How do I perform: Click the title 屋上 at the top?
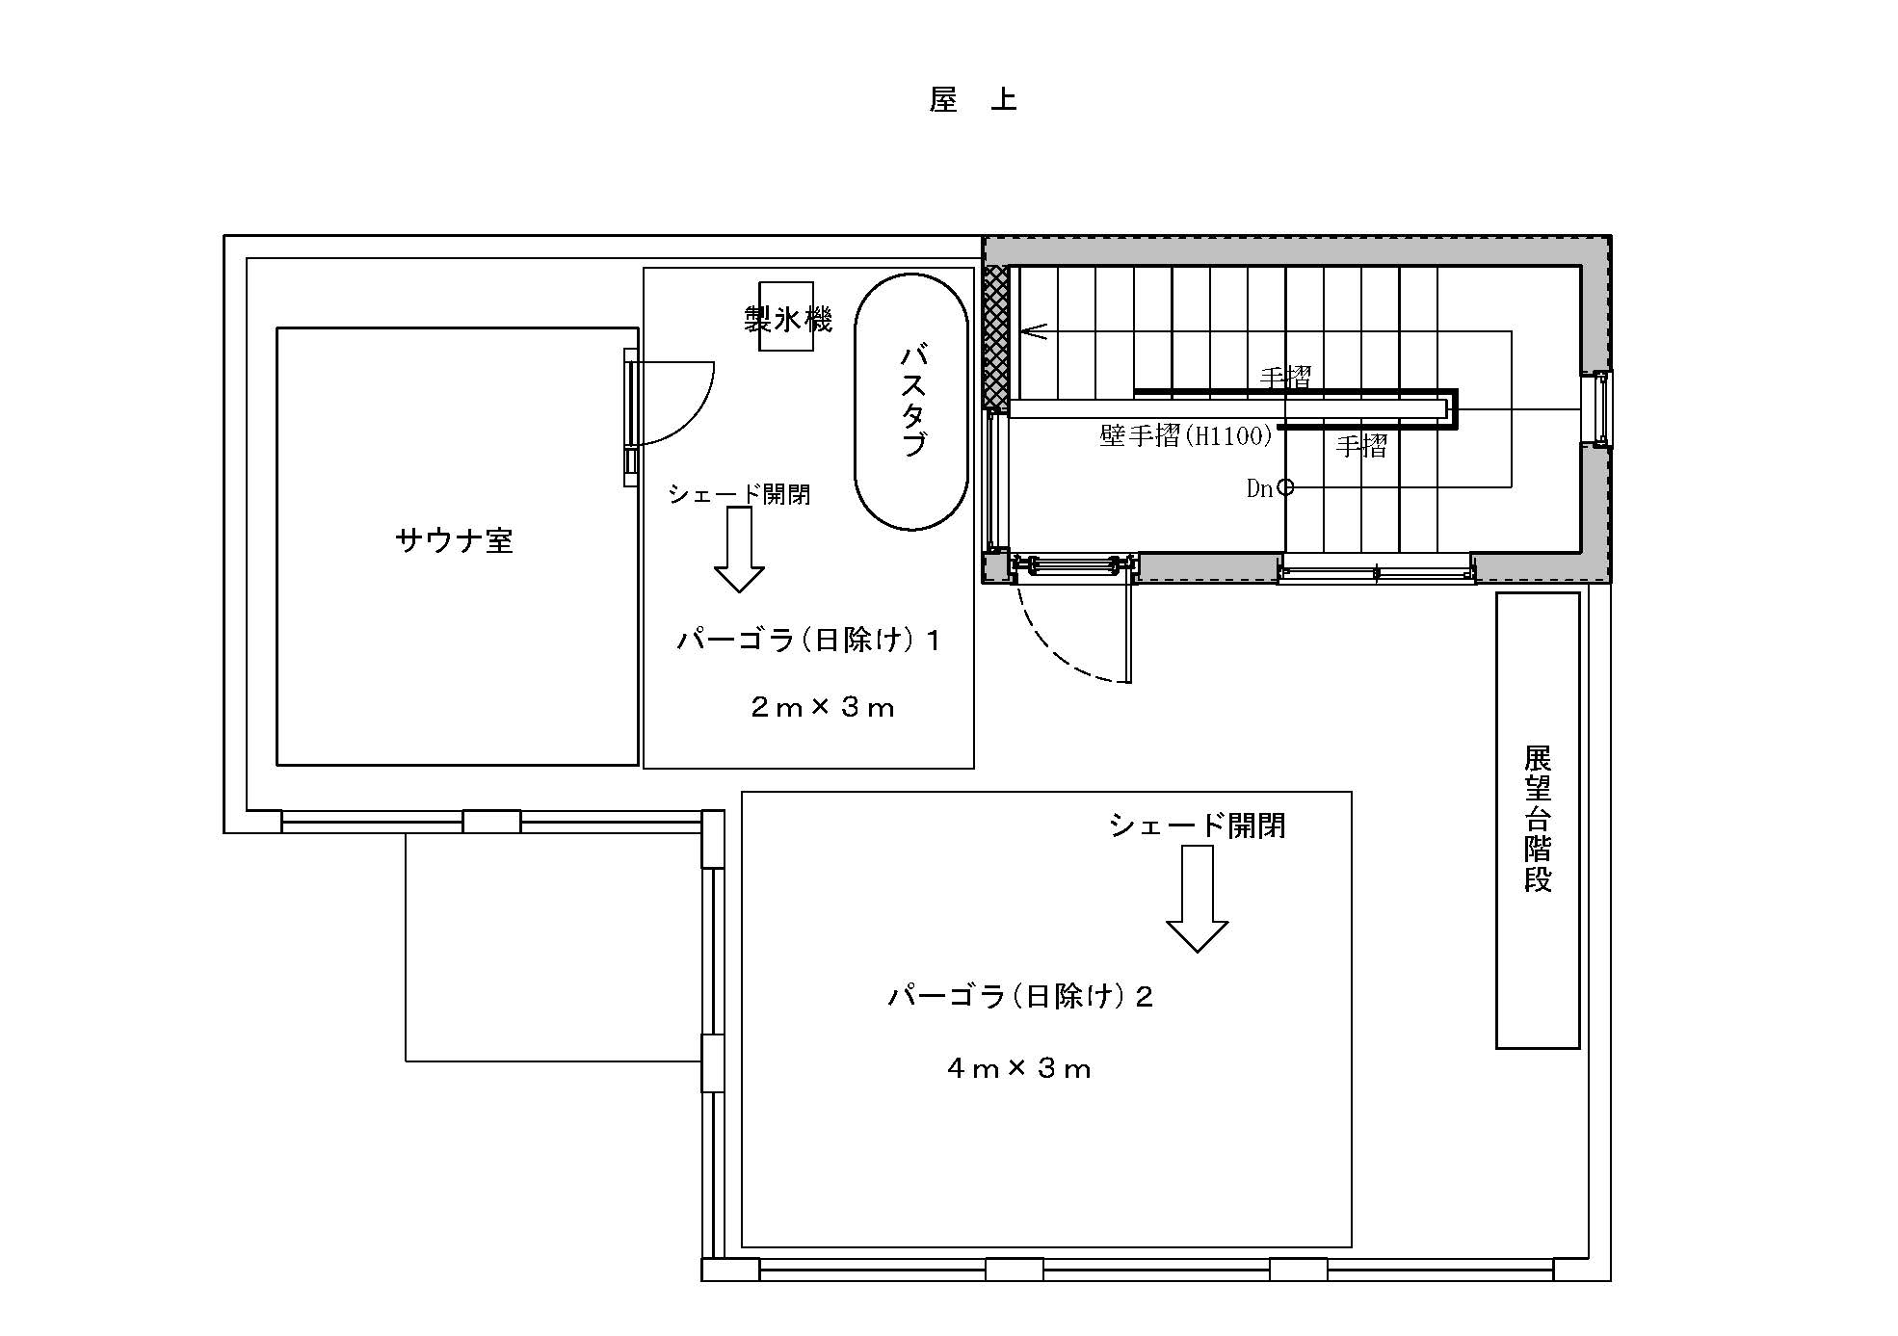[x=972, y=99]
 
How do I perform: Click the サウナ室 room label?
[x=454, y=540]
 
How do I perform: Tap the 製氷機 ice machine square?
[x=785, y=316]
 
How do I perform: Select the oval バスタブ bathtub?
[x=910, y=403]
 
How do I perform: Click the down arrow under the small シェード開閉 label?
[x=739, y=551]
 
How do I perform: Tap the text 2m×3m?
[x=822, y=708]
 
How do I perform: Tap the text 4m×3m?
[x=1019, y=1068]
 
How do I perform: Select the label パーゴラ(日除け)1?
[x=808, y=640]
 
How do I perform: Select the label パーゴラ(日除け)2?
[x=1020, y=996]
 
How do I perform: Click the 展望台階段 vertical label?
[x=1538, y=820]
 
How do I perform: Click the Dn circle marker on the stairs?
[x=1285, y=487]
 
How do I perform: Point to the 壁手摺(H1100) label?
[x=1186, y=436]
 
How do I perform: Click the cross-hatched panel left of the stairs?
[x=996, y=337]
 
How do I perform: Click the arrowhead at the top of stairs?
[x=1033, y=331]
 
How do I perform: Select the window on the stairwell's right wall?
[x=1602, y=408]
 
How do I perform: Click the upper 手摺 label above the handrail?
[x=1285, y=378]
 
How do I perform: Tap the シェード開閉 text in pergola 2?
[x=1197, y=825]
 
